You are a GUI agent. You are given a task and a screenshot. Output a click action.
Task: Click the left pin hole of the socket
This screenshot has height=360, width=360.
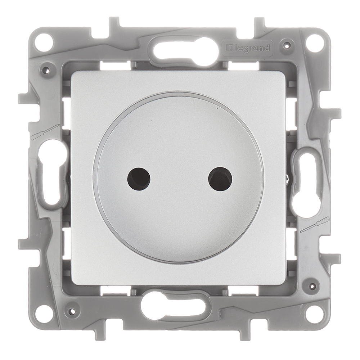139,179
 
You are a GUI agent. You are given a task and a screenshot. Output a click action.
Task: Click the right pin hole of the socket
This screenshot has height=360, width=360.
220,179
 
